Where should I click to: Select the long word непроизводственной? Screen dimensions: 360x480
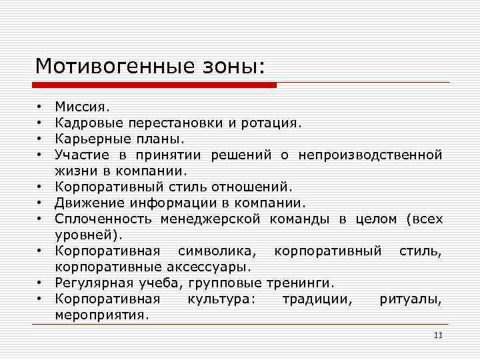[370, 155]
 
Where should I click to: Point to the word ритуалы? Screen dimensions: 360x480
[411, 299]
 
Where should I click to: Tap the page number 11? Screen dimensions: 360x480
[437, 335]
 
